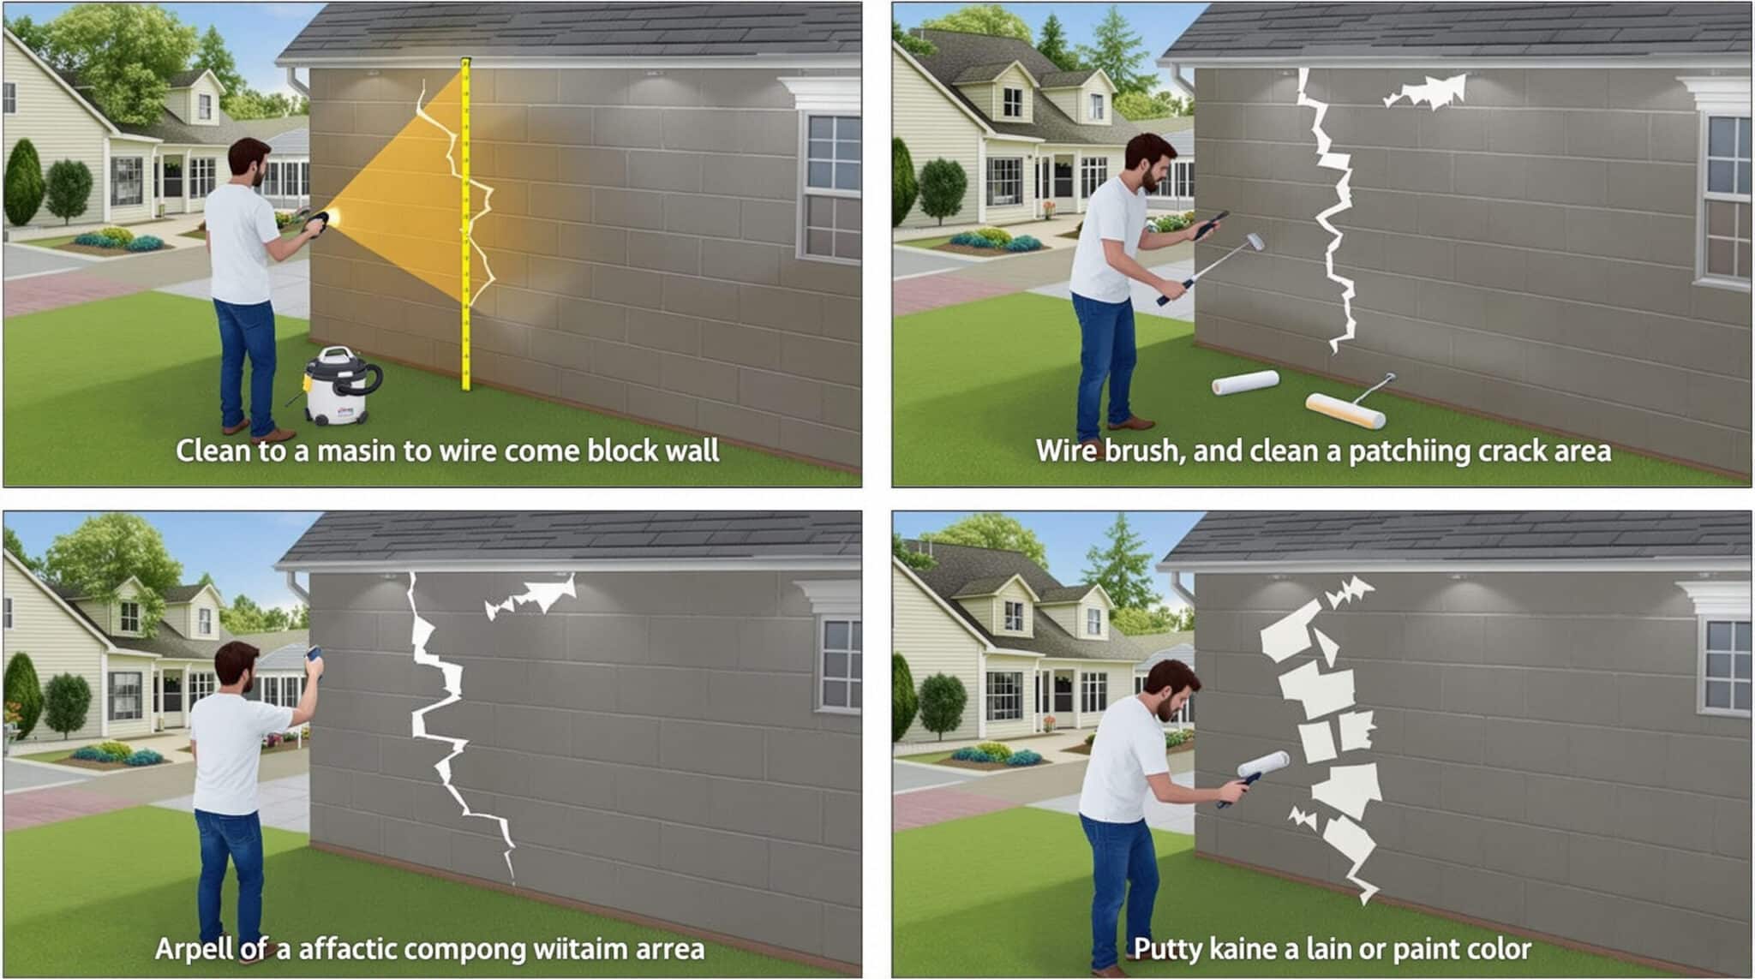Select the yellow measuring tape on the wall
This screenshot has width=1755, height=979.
[x=466, y=223]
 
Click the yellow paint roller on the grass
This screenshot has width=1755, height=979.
[x=1345, y=410]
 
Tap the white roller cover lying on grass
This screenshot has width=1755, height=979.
[x=1245, y=383]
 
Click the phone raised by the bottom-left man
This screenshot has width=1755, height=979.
[x=313, y=654]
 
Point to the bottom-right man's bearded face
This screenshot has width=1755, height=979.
[x=1171, y=698]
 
